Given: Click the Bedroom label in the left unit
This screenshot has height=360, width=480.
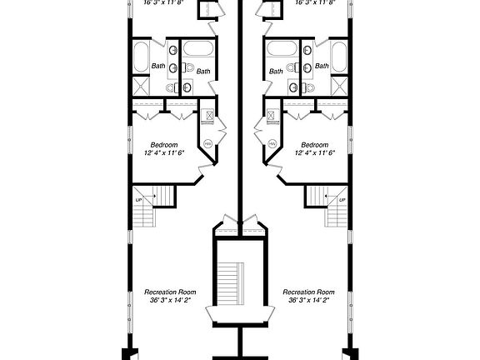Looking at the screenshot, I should pyautogui.click(x=162, y=144).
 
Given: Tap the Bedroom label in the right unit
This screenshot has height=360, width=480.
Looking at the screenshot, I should pyautogui.click(x=314, y=144).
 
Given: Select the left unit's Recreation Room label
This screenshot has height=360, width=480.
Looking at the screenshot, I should pyautogui.click(x=170, y=292).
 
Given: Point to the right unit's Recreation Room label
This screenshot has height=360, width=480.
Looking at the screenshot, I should pyautogui.click(x=309, y=292).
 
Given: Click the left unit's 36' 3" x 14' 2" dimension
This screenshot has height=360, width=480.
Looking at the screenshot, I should pyautogui.click(x=170, y=302).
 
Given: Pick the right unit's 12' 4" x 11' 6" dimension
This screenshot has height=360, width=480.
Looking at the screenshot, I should pyautogui.click(x=320, y=152).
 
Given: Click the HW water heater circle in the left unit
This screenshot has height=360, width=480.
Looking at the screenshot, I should pyautogui.click(x=206, y=143).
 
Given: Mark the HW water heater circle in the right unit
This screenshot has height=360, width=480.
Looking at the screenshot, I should pyautogui.click(x=272, y=143).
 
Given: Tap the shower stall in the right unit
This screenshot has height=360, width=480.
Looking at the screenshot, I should pyautogui.click(x=339, y=85).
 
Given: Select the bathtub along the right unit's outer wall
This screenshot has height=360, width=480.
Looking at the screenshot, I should pyautogui.click(x=339, y=57).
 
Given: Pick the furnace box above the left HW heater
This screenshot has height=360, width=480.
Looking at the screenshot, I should pyautogui.click(x=208, y=117).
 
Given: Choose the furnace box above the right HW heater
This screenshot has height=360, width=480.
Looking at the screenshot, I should pyautogui.click(x=270, y=117).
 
